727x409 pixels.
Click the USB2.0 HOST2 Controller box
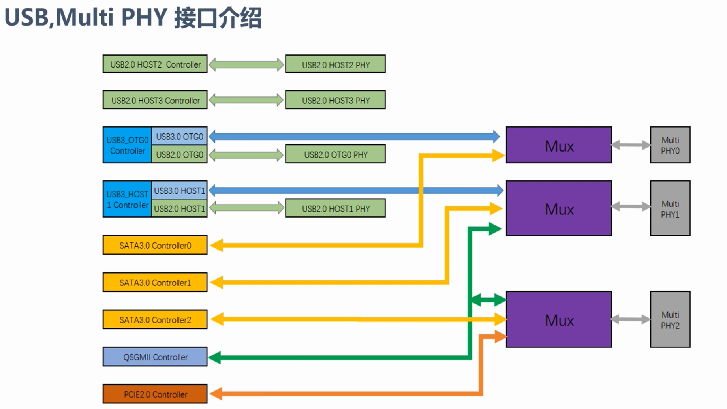[155, 64]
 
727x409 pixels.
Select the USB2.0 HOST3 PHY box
[335, 100]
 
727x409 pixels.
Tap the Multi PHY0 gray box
[670, 145]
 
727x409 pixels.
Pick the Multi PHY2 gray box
[670, 320]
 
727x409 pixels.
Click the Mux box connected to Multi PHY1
[558, 208]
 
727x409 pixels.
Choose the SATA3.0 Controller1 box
[155, 282]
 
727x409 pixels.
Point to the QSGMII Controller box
[155, 357]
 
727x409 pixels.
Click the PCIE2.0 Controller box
[155, 394]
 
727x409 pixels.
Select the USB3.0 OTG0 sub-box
[179, 137]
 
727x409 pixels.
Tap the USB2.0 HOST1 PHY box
[335, 208]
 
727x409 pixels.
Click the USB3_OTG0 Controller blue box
[127, 145]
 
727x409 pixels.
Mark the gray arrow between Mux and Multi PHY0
[631, 145]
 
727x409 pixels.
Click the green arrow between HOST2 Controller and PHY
[246, 64]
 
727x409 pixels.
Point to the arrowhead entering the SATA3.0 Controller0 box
[216, 246]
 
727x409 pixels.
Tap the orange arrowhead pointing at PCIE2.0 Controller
[216, 394]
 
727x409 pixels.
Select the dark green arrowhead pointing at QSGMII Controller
[214, 358]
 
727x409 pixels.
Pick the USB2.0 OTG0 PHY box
[335, 154]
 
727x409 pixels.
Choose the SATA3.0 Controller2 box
[155, 319]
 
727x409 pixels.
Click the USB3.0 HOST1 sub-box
[179, 191]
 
